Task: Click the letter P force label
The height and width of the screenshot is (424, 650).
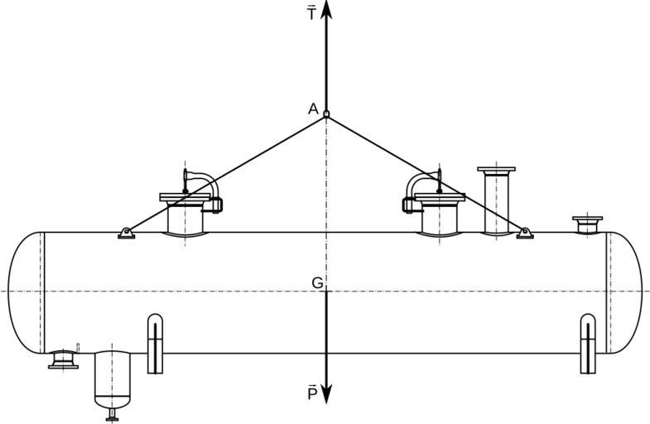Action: pos(312,393)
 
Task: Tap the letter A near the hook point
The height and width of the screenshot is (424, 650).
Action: pos(313,108)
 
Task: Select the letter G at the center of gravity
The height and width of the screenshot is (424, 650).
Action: pos(317,283)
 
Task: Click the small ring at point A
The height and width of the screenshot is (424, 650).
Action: pos(326,114)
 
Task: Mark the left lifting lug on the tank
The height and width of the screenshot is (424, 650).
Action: pos(126,234)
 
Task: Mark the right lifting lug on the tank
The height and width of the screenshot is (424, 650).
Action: pos(525,234)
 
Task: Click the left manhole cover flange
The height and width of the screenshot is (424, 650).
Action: pos(185,197)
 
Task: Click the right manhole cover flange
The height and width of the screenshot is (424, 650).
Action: pos(440,197)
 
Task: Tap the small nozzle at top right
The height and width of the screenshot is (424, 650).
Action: pos(587,223)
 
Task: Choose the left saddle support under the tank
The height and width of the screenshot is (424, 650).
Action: pos(155,344)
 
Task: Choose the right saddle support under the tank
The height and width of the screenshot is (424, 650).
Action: pos(587,344)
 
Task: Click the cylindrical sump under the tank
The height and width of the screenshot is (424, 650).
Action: pos(113,378)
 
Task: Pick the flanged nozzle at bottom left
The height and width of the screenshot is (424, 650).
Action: pos(63,359)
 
